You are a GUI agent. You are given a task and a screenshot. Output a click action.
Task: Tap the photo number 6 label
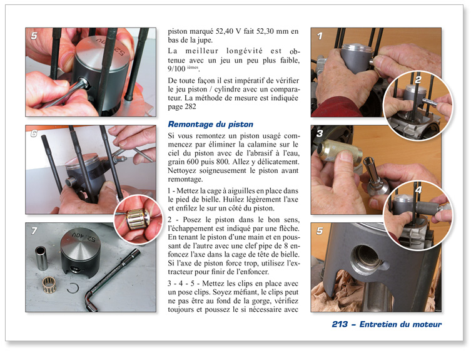click(34, 133)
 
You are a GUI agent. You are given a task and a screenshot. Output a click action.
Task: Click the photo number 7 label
click(34, 231)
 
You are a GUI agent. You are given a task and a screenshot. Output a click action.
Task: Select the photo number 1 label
click(320, 36)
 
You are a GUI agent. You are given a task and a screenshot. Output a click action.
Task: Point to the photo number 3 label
click(320, 133)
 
